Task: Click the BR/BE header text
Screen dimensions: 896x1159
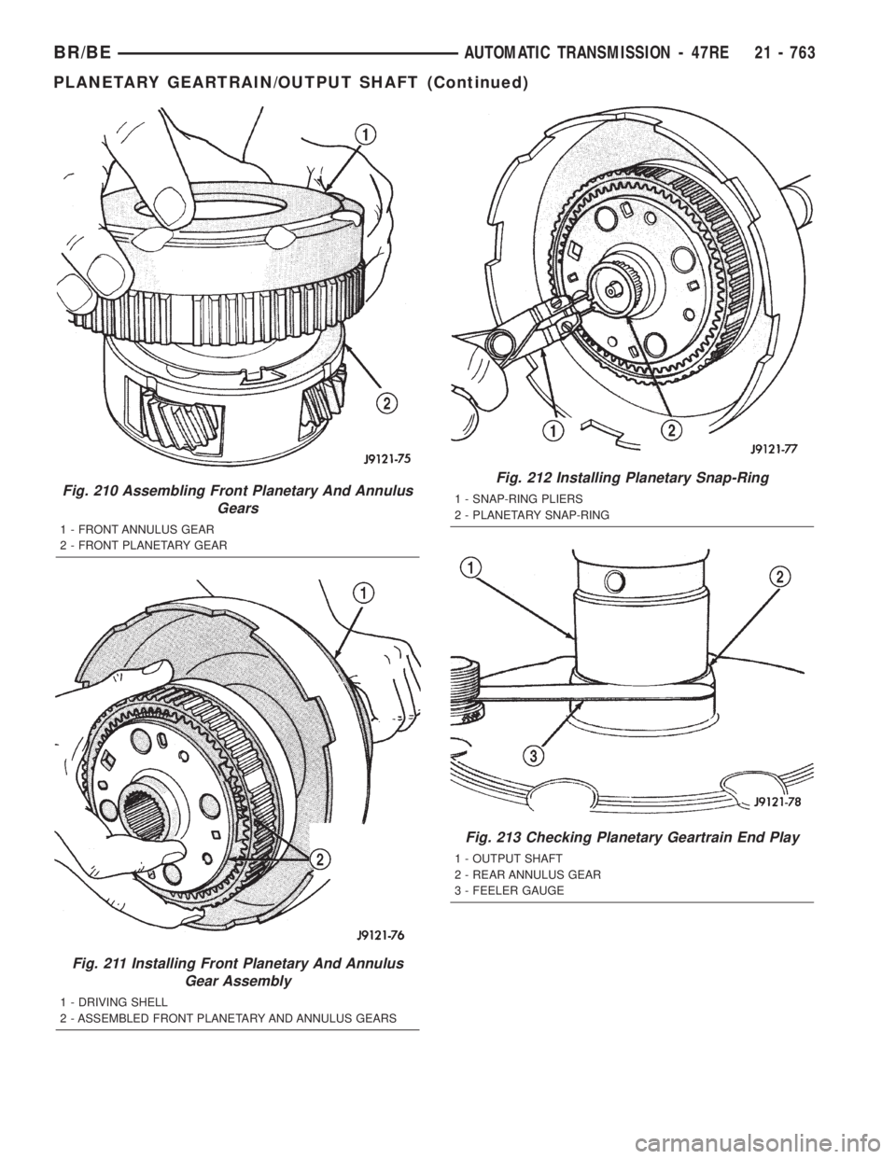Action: point(82,53)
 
